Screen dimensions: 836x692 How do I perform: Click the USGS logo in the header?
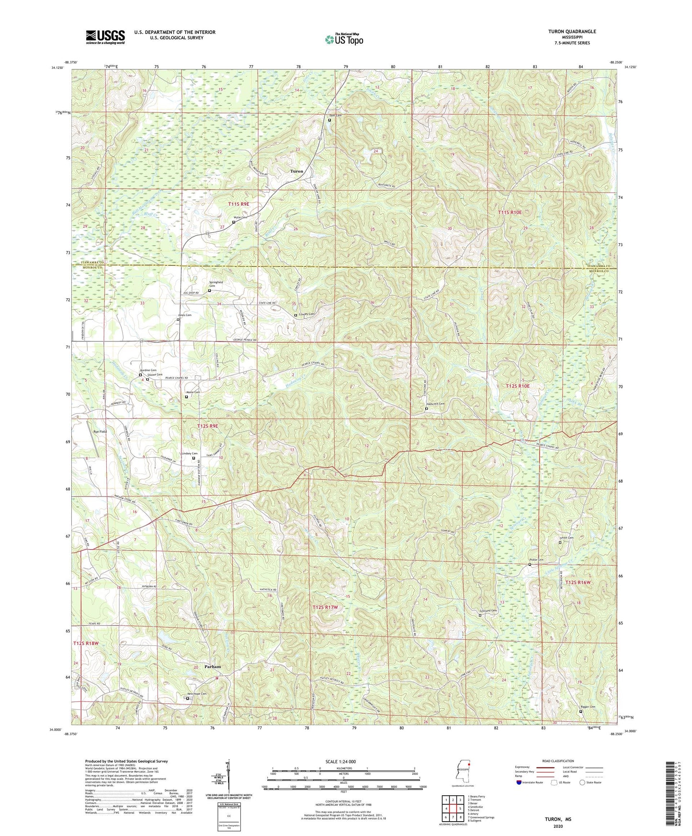105,36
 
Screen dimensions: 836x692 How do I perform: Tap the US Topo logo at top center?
343,40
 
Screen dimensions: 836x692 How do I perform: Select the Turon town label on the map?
296,171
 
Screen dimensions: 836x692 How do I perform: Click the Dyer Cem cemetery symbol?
329,120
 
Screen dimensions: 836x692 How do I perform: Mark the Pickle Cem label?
536,560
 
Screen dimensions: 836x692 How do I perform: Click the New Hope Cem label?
197,694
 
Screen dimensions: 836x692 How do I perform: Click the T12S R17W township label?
325,607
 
